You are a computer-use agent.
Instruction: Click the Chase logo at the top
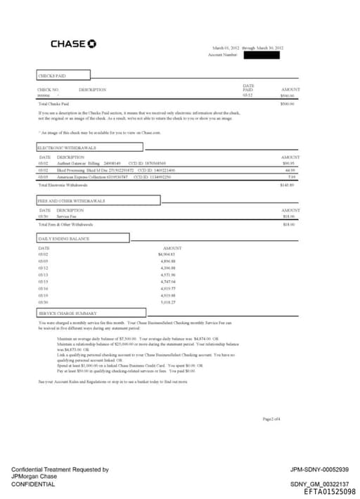[x=73, y=44]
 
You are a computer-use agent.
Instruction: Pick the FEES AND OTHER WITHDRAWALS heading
[x=70, y=201]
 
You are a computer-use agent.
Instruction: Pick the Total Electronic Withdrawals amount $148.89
[x=287, y=185]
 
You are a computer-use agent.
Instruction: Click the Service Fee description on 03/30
[x=67, y=216]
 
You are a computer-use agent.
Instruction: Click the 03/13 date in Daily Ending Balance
[x=43, y=274]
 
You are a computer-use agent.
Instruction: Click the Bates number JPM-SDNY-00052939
[x=319, y=469]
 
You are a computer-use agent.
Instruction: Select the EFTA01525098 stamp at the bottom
[x=329, y=492]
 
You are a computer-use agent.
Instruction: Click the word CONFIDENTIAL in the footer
[x=32, y=484]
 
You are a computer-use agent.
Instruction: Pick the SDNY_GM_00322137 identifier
[x=319, y=484]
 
